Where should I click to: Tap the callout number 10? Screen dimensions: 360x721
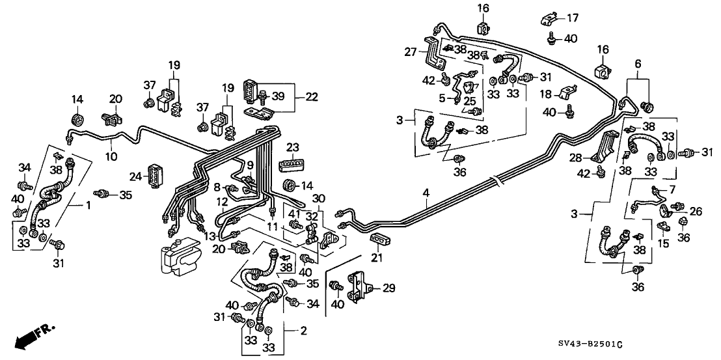point(111,156)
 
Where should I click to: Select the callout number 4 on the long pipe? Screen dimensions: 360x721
point(426,193)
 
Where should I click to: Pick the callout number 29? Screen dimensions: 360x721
point(388,287)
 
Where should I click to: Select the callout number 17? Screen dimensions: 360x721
point(572,17)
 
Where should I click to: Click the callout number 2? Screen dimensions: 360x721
point(302,331)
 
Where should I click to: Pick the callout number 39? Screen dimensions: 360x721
point(279,96)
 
